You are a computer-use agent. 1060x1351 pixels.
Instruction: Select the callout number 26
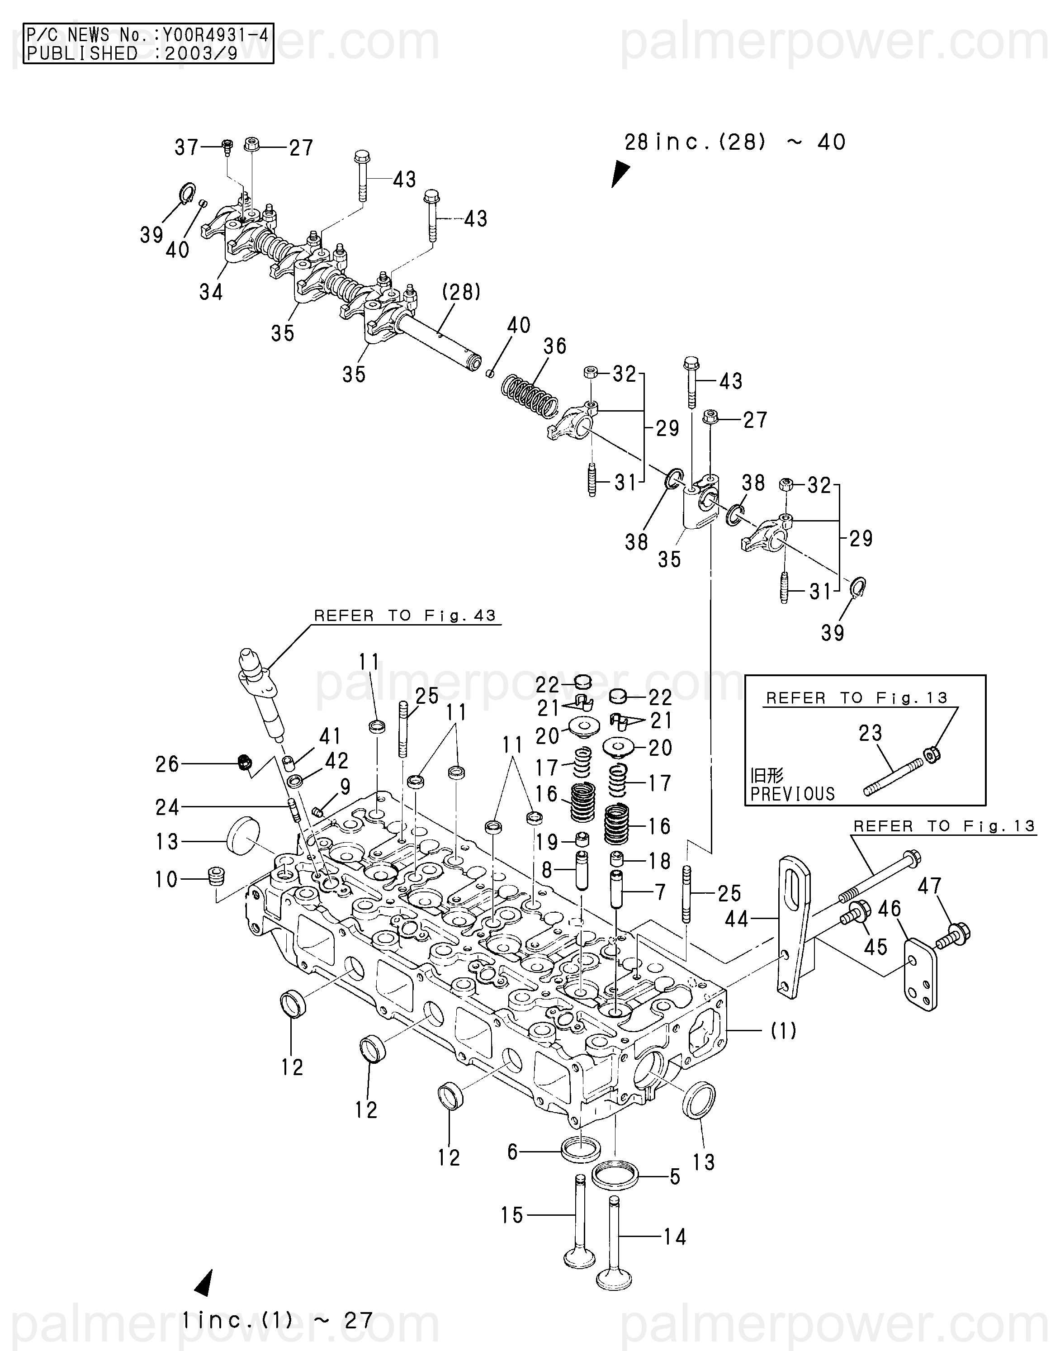coord(167,764)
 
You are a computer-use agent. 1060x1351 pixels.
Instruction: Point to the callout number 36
coord(555,346)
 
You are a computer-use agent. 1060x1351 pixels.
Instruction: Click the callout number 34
coord(211,292)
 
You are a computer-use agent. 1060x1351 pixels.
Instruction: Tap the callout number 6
coord(513,1152)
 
